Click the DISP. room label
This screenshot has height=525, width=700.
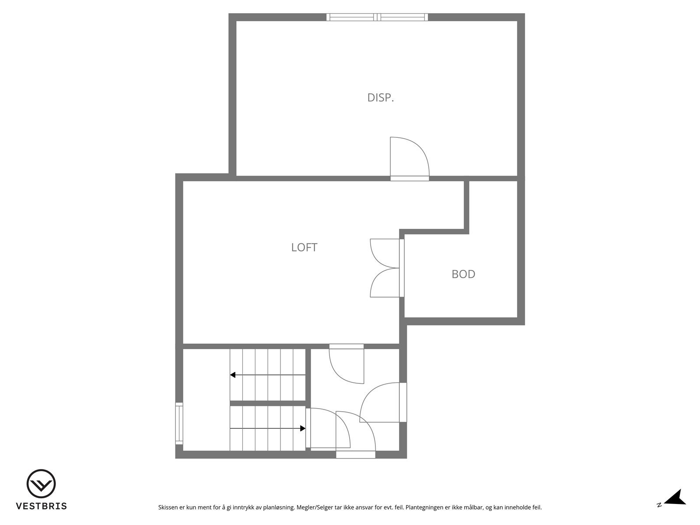(x=381, y=98)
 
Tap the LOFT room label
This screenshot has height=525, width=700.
(x=304, y=247)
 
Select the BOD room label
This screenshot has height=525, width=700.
(x=463, y=274)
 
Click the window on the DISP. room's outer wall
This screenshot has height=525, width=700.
(x=377, y=17)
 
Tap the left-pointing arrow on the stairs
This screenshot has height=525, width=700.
(x=233, y=375)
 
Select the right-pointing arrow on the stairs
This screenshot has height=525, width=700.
(x=302, y=428)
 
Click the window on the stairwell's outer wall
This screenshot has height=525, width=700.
(x=179, y=423)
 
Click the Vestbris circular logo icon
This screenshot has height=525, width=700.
(x=41, y=484)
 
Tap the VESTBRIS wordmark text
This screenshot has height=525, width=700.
(x=42, y=506)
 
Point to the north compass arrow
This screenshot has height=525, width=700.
(x=676, y=497)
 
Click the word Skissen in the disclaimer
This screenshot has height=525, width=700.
(x=168, y=507)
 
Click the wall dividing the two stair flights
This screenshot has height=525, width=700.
(x=268, y=403)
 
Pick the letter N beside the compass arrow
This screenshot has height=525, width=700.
(x=659, y=505)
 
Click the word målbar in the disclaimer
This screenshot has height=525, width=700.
(x=474, y=507)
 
